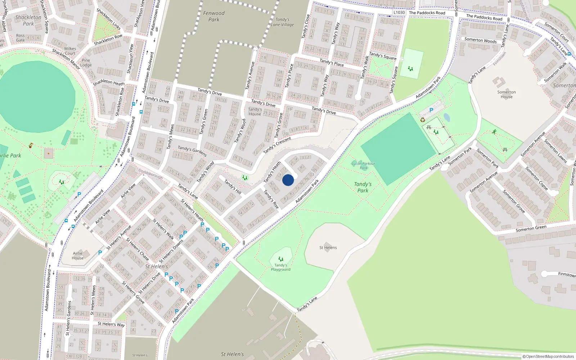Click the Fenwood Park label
coord(214,16)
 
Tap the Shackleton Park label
coord(28,20)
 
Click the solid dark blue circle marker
coord(288,180)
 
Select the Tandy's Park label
coord(363,187)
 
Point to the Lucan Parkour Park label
coord(363,165)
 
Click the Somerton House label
coord(507,94)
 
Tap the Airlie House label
coord(78,255)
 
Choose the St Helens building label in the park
coord(328,247)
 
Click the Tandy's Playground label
coord(281,267)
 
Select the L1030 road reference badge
coord(399,12)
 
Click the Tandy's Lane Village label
coord(283,22)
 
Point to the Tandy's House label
coord(255,111)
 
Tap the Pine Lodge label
coord(86,63)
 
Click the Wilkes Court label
coord(70,51)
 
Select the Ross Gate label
coord(21,38)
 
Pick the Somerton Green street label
coord(531,228)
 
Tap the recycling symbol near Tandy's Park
coord(423,120)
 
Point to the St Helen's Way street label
coord(111,324)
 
